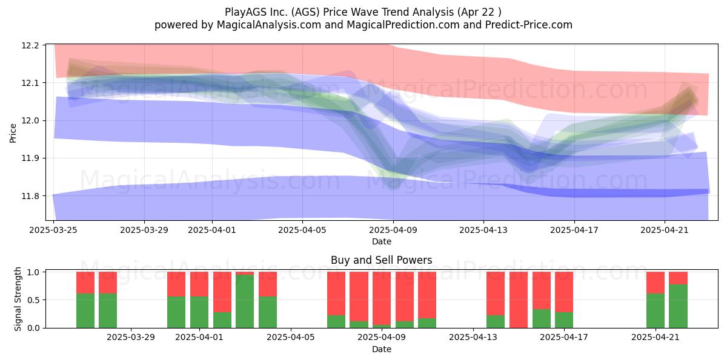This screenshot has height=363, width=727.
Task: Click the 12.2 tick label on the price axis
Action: point(30,45)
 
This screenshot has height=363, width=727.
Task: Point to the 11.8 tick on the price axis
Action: point(30,196)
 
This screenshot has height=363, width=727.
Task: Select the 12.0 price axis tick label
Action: point(30,120)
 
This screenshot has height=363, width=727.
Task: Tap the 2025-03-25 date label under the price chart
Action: point(53,230)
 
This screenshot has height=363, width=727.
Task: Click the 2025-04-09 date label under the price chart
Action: point(393,230)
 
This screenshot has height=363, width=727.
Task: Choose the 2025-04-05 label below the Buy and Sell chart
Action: point(290,338)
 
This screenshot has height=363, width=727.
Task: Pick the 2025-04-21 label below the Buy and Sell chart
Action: point(656,338)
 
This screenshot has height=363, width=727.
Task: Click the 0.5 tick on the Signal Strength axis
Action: point(33,300)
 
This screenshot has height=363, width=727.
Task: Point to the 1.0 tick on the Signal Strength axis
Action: point(33,272)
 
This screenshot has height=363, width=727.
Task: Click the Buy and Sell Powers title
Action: point(381,260)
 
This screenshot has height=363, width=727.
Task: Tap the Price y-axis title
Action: point(13,133)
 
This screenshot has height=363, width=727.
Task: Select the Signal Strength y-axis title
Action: point(18,299)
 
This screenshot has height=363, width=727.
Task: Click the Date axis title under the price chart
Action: point(382,241)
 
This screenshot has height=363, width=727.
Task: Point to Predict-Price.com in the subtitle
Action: point(529,25)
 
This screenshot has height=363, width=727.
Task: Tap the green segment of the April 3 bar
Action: point(245,301)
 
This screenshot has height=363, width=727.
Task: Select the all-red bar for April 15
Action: point(519,300)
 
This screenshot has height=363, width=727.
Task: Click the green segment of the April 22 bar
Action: point(678,306)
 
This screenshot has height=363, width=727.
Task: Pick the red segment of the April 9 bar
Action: point(381,298)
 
